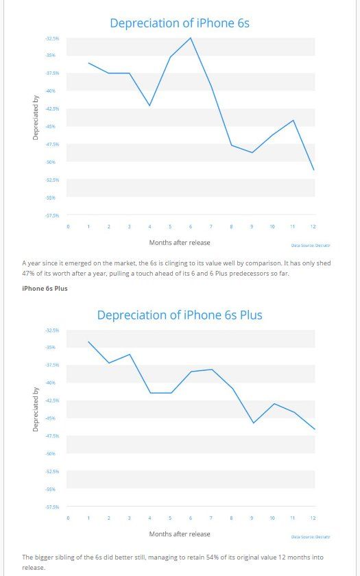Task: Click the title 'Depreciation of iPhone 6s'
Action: click(x=180, y=23)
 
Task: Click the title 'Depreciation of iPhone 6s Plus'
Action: click(x=180, y=315)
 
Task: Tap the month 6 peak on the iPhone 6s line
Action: click(x=191, y=38)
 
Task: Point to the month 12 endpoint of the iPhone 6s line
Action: click(x=313, y=170)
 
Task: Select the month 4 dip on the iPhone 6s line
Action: click(x=149, y=106)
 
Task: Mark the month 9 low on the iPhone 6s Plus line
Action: click(x=253, y=423)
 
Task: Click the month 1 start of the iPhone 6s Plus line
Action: click(x=88, y=341)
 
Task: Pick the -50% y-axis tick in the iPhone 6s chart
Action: click(x=51, y=162)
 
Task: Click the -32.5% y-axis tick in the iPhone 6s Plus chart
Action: click(x=51, y=330)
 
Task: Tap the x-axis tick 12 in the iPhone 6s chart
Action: click(x=313, y=226)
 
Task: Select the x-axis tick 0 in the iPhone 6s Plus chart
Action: click(x=68, y=518)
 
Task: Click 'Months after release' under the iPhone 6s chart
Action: click(x=180, y=242)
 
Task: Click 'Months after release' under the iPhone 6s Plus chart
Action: click(x=180, y=533)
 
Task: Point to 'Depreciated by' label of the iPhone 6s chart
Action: click(x=35, y=117)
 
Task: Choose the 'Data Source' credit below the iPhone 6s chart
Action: click(x=311, y=245)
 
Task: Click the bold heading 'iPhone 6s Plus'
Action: click(x=45, y=288)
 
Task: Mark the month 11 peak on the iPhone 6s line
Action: click(x=293, y=120)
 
